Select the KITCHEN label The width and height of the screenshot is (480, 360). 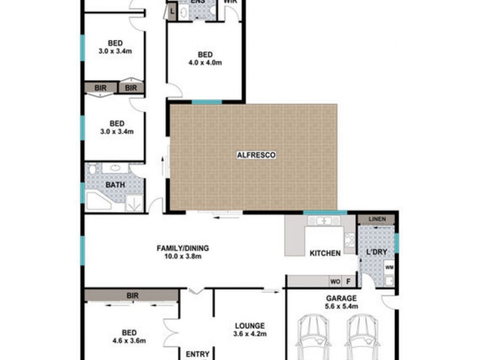point(325,253)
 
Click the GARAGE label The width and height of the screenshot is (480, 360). point(342,298)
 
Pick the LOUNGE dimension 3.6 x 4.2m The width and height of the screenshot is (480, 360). point(249,334)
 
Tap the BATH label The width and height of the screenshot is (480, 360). point(115,185)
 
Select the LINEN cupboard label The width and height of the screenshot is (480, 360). point(377,218)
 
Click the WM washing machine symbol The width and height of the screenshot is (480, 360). point(389,268)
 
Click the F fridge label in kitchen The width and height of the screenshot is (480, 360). point(349,281)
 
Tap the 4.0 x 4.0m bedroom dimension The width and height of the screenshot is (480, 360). point(206,62)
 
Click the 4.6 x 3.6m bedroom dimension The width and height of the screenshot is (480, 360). point(128,341)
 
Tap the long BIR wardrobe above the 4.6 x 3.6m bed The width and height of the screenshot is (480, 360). point(131,295)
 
